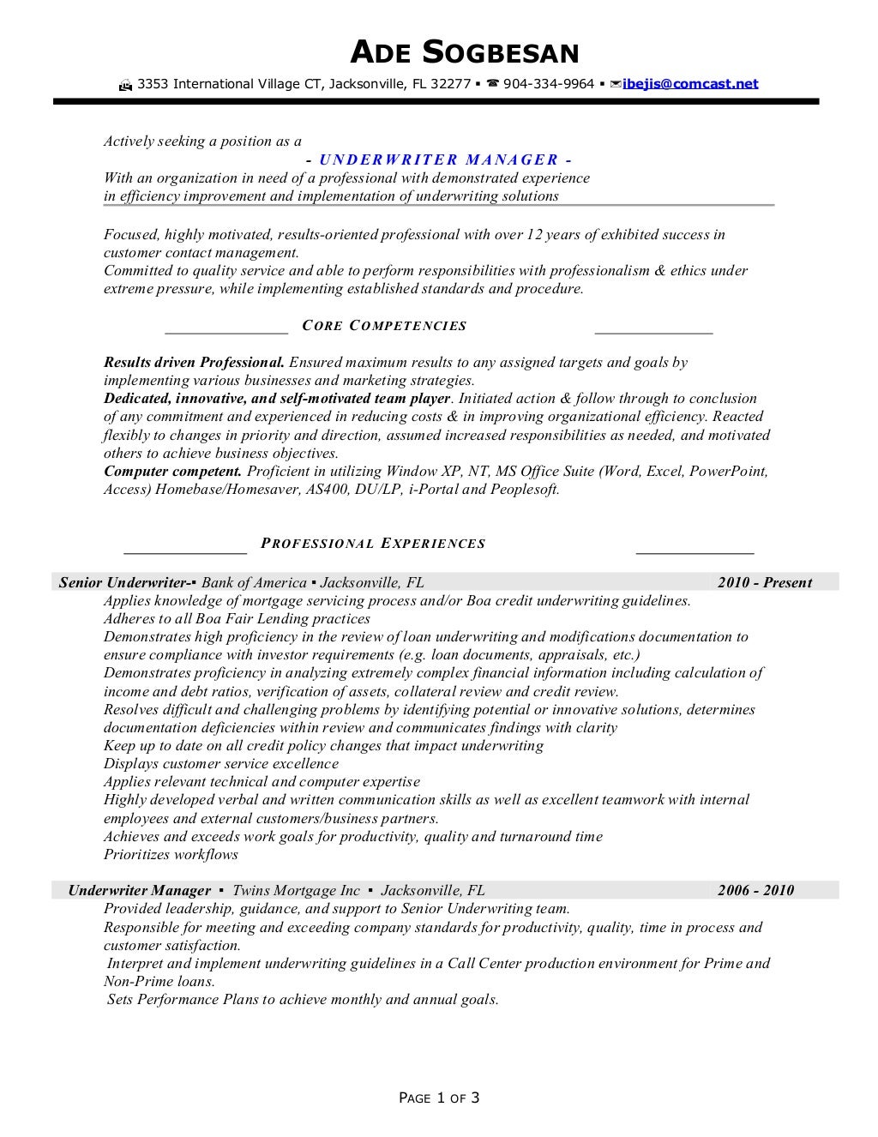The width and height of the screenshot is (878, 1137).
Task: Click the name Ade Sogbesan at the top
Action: (x=465, y=53)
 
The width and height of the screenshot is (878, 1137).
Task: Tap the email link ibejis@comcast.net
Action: (x=690, y=84)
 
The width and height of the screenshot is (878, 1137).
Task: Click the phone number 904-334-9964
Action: (x=549, y=84)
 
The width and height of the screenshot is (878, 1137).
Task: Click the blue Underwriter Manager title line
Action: (x=438, y=159)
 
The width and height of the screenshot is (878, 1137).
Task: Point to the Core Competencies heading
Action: (x=384, y=326)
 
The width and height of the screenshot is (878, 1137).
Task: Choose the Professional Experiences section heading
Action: (x=373, y=544)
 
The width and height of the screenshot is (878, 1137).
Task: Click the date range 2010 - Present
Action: (x=764, y=583)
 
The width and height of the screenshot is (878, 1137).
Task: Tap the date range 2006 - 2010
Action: (x=755, y=891)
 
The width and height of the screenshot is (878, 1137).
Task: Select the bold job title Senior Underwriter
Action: (x=123, y=583)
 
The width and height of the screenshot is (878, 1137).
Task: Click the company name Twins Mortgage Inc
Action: (x=296, y=891)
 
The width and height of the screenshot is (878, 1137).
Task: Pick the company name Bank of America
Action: (x=254, y=583)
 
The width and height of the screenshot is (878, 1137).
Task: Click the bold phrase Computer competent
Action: (x=172, y=472)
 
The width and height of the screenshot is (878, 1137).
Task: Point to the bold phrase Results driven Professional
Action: (x=194, y=363)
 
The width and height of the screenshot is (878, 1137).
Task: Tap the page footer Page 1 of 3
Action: (x=439, y=1098)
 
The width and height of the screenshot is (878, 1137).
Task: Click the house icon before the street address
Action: (x=125, y=85)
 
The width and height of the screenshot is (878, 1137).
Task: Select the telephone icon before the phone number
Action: (x=492, y=84)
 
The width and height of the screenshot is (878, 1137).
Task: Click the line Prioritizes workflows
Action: (x=171, y=855)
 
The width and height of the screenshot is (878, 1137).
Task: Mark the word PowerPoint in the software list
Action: (x=728, y=472)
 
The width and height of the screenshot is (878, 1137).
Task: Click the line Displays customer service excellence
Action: (x=220, y=764)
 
